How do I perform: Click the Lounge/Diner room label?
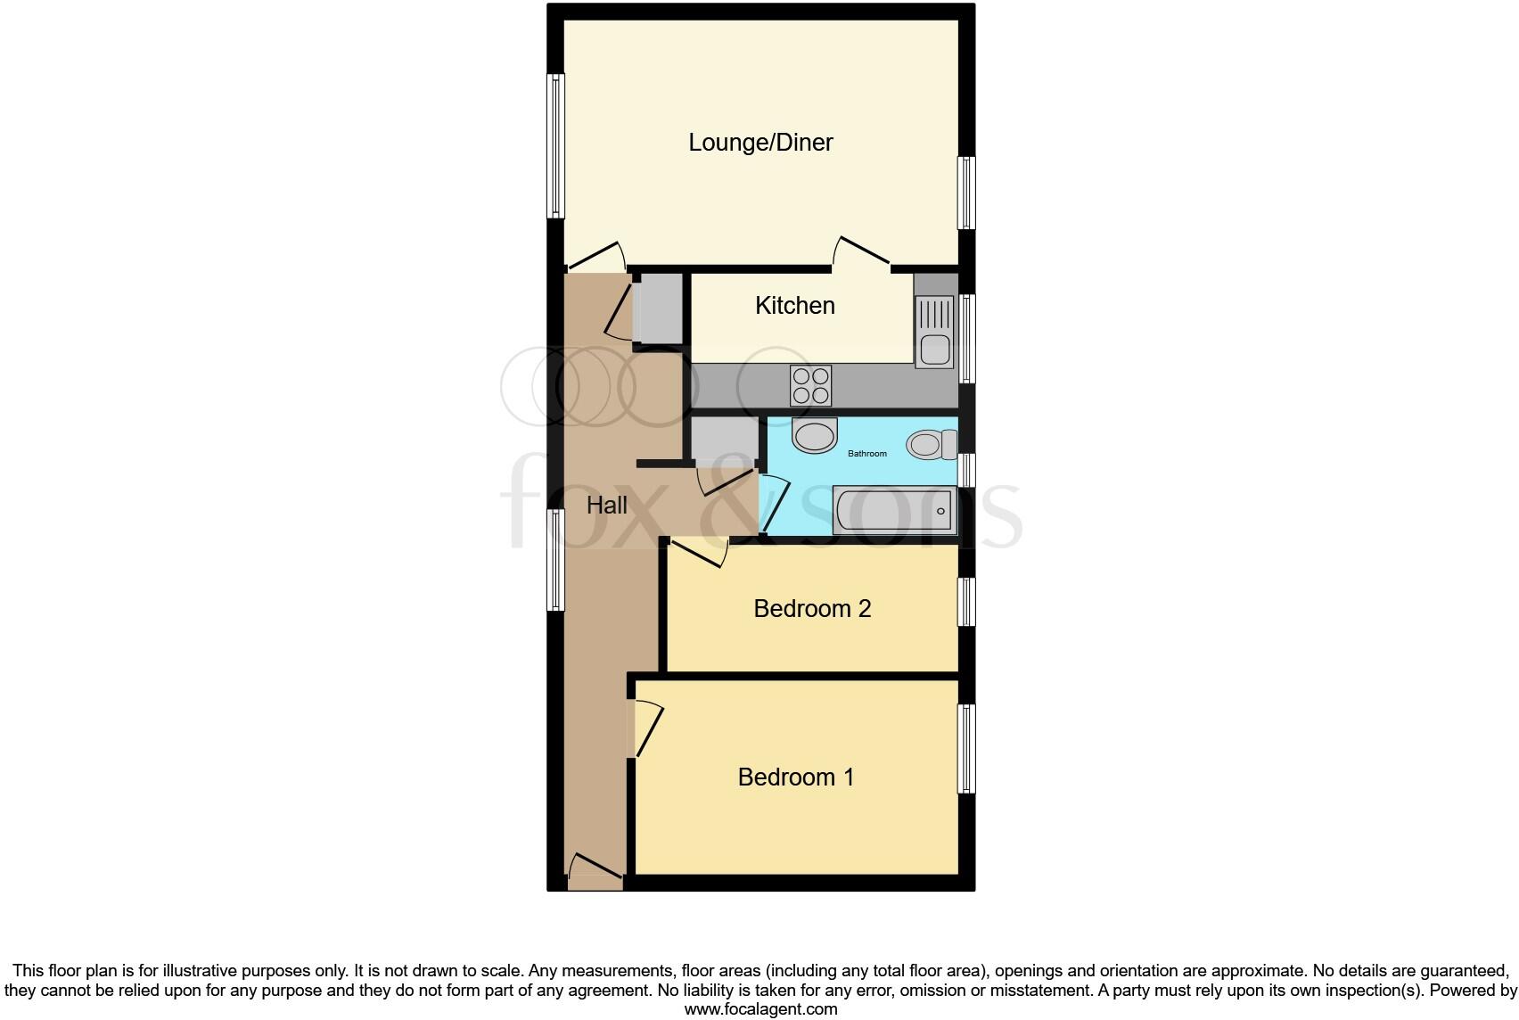click(760, 143)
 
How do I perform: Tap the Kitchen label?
click(794, 306)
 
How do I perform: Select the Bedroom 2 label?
click(812, 609)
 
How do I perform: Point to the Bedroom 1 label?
click(795, 777)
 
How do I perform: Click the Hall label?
click(606, 506)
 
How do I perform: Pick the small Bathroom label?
click(866, 454)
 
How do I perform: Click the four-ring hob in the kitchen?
click(810, 385)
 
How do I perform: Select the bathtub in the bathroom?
click(894, 510)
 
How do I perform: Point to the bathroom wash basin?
click(815, 436)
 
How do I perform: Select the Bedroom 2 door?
click(701, 551)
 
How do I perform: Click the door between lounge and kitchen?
click(861, 252)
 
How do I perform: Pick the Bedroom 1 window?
click(966, 749)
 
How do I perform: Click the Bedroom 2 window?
click(966, 602)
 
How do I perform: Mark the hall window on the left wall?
click(555, 560)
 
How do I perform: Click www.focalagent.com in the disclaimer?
click(760, 1009)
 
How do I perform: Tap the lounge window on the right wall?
click(966, 193)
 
